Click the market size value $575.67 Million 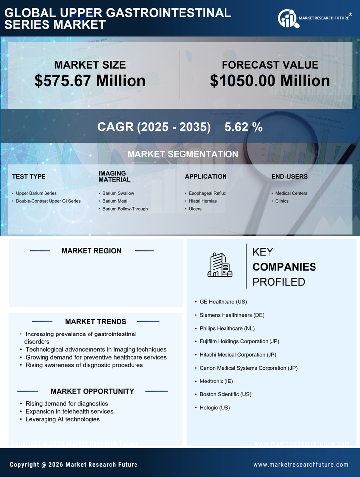tap(90, 81)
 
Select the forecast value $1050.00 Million tap(270, 81)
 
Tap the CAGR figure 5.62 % tap(243, 127)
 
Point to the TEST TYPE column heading tap(29, 176)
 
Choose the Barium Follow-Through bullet tap(125, 209)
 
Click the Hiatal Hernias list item tap(202, 201)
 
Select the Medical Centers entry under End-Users tap(291, 193)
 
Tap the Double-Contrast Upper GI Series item tap(48, 201)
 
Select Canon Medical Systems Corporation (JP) tap(248, 368)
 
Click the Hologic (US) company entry tap(215, 407)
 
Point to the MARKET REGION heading tap(91, 251)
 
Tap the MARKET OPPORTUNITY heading tap(92, 391)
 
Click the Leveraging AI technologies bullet tap(62, 419)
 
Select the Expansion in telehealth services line tap(69, 411)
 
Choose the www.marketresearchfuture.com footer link tap(301, 464)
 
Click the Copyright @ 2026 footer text tap(74, 464)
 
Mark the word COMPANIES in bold tap(284, 267)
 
